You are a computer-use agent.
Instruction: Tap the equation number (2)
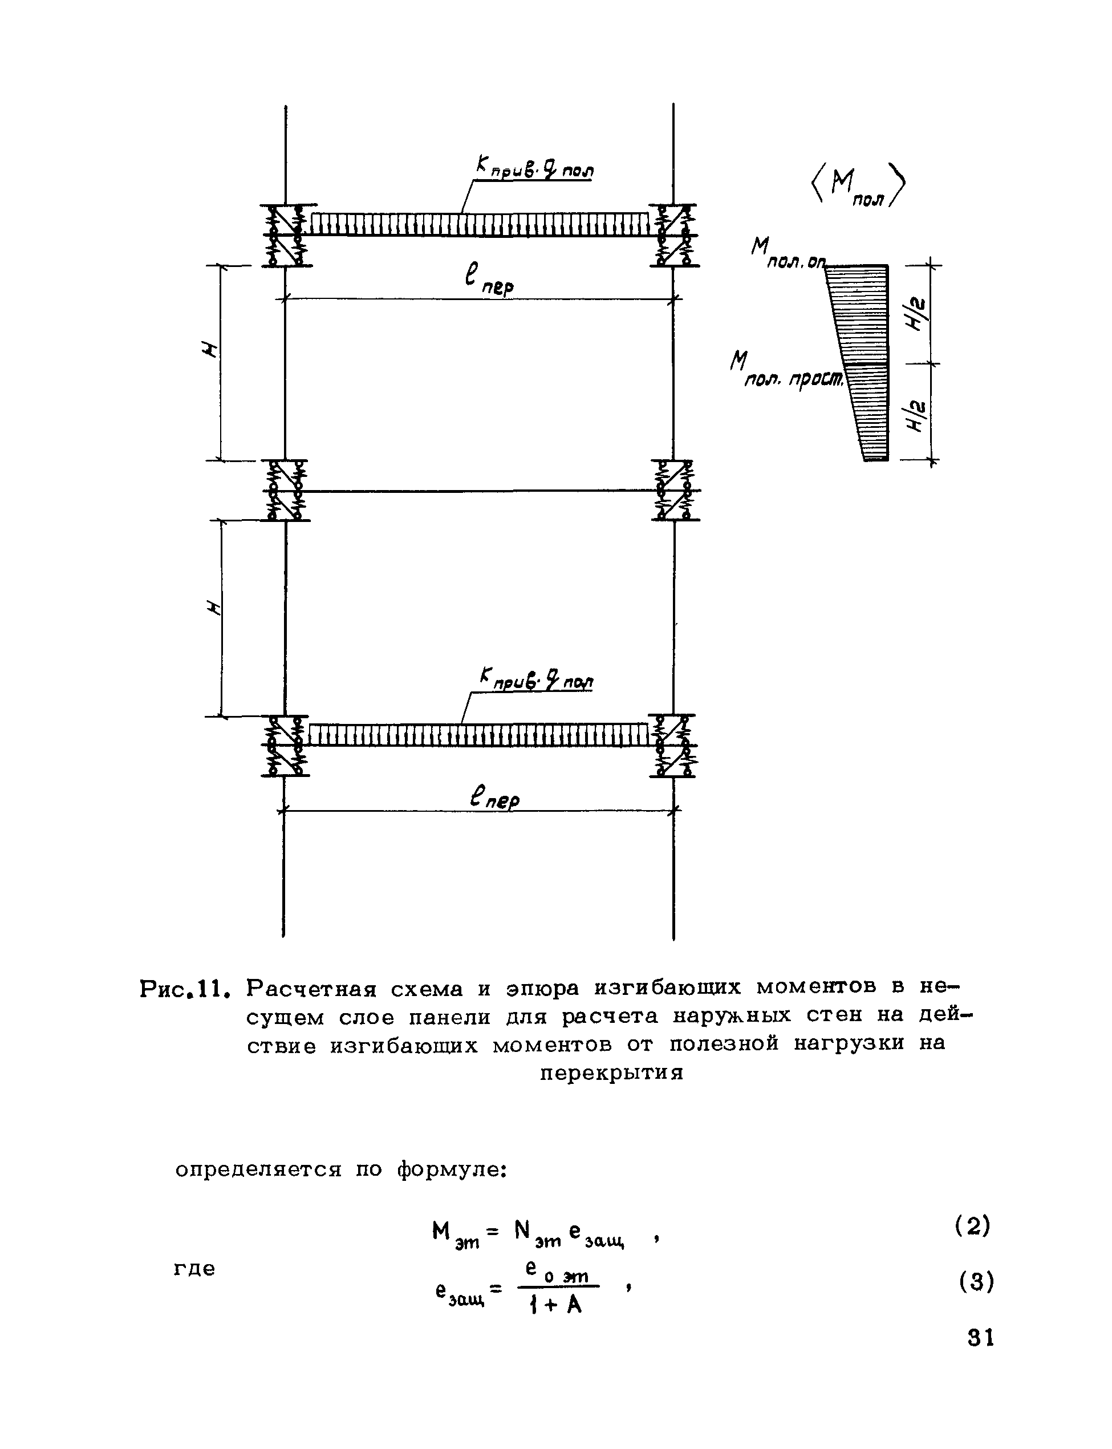[x=972, y=1227]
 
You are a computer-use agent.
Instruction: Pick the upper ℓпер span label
[x=490, y=281]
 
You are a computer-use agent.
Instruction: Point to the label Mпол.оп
[x=788, y=256]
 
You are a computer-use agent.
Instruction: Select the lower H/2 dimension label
[x=919, y=415]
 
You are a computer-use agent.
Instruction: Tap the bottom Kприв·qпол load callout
[x=536, y=679]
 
